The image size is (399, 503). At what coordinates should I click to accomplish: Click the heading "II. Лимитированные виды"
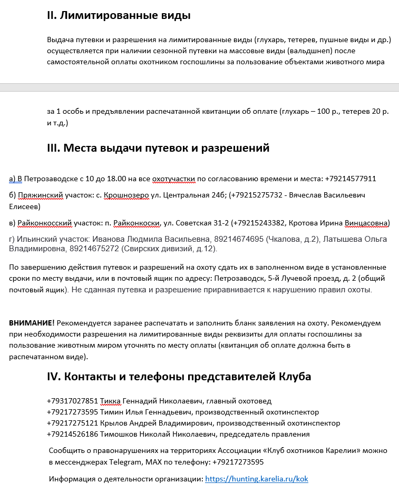pos(119,15)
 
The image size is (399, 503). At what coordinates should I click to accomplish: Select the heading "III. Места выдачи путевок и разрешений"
pos(158,148)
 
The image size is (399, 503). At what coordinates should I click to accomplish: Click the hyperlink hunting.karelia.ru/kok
pos(256,479)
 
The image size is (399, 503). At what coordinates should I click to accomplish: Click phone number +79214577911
pos(351,179)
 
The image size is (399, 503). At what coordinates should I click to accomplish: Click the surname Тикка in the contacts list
pos(110,401)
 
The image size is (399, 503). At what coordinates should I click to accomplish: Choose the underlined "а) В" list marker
pos(16,179)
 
